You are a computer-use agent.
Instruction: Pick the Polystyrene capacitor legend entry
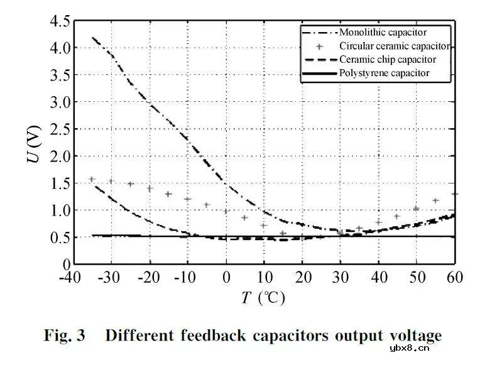[x=385, y=74]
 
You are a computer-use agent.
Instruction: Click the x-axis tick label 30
[x=341, y=277]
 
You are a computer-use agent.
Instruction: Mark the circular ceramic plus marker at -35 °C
[x=92, y=179]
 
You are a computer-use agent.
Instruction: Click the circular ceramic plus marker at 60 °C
[x=455, y=194]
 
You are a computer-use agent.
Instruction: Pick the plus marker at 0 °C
[x=226, y=212]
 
